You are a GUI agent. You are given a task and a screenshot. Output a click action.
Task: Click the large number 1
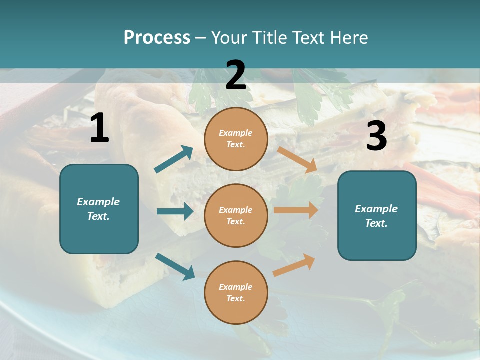tap(99, 128)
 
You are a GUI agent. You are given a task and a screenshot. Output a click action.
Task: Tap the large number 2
tap(236, 75)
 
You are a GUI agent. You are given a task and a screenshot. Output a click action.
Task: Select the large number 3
tap(377, 136)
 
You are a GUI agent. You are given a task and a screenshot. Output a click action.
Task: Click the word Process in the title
tap(157, 37)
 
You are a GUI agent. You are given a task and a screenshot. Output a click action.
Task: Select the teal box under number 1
tap(99, 209)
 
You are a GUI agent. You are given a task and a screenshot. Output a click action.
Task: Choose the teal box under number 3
tap(377, 215)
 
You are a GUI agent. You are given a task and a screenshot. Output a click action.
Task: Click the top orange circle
tap(236, 139)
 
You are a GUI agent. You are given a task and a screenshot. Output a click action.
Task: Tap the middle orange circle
tap(236, 215)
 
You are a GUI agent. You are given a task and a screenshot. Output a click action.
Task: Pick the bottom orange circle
tap(236, 292)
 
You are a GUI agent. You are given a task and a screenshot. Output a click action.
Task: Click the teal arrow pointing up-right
tap(174, 159)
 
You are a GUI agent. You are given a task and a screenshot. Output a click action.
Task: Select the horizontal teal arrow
tap(175, 211)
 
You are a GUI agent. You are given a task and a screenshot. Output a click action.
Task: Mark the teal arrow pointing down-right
tap(175, 266)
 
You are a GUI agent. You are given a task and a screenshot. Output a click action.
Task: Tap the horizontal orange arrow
tap(296, 210)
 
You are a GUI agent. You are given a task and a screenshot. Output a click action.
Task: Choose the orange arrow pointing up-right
tap(294, 265)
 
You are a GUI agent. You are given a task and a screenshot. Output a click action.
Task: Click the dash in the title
tap(200, 38)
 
